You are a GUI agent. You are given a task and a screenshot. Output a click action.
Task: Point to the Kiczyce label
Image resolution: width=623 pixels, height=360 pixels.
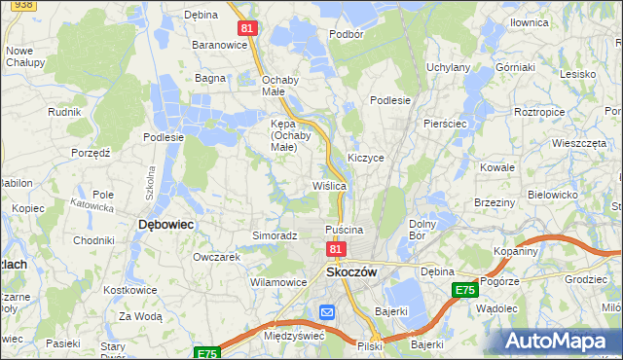coord(366,157)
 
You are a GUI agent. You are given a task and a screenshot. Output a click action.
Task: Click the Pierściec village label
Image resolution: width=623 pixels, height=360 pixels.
coord(447,125)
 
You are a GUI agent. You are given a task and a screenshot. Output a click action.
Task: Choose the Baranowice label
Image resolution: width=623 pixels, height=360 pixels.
coord(217,45)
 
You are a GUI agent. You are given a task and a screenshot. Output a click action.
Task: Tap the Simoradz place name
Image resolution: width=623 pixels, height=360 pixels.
coord(275,235)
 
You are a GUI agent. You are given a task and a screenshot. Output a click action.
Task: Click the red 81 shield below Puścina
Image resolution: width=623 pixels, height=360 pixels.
coord(335,250)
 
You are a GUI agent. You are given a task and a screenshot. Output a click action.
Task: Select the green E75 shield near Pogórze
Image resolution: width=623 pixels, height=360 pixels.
coord(464,290)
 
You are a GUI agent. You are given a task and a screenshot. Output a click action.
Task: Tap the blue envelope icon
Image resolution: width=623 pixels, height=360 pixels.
coord(327,312)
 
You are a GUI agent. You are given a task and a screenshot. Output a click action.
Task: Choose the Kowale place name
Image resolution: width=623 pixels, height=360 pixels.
coord(496,167)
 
